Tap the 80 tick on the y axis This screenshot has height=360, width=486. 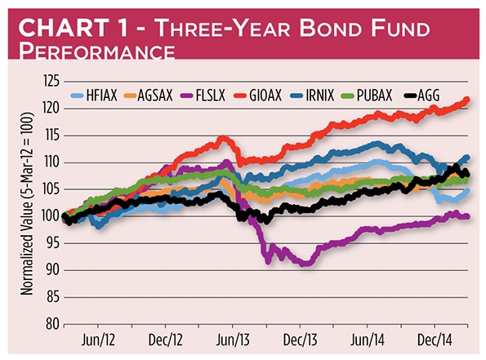tap(52, 324)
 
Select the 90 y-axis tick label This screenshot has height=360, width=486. tap(52, 270)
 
